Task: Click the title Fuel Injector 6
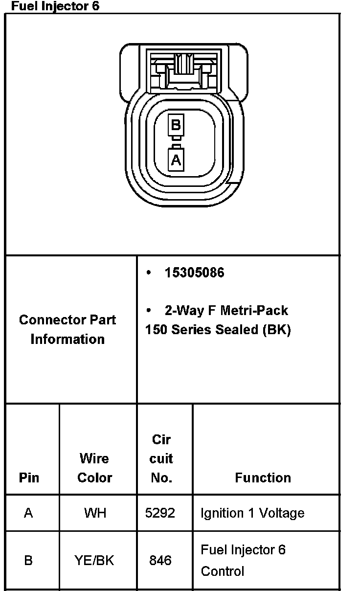pos(55,6)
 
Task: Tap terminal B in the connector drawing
pos(176,125)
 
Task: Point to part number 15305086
pos(194,273)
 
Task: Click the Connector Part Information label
pos(67,329)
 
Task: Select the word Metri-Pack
pos(254,310)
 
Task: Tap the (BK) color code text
pos(276,330)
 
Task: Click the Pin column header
pos(29,477)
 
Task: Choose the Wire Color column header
pos(95,468)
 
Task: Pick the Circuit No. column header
pos(161,458)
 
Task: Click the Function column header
pos(263,477)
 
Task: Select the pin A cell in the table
pos(28,513)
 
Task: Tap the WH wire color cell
pos(95,513)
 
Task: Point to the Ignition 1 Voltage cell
pos(252,513)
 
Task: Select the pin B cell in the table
pos(28,560)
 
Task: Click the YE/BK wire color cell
pos(94,560)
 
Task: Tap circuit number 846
pos(160,560)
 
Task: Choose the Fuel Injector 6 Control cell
pos(243,560)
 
